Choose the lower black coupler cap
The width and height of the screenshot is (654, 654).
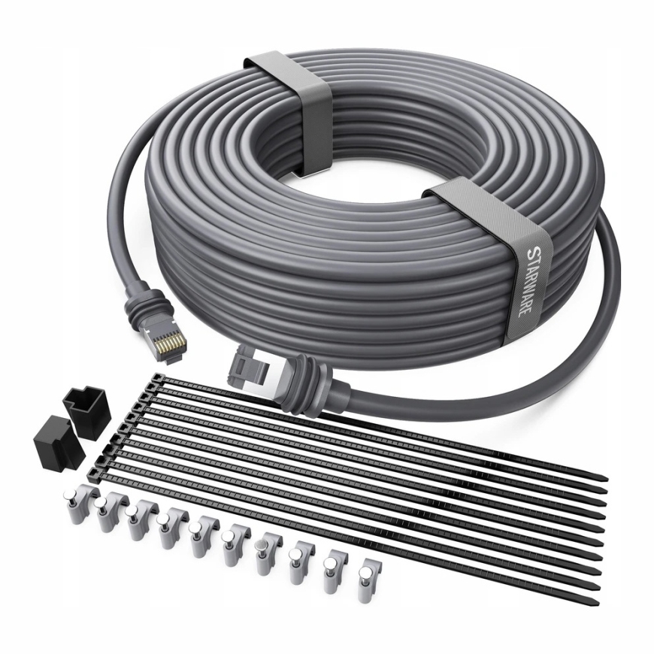click(x=59, y=439)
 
